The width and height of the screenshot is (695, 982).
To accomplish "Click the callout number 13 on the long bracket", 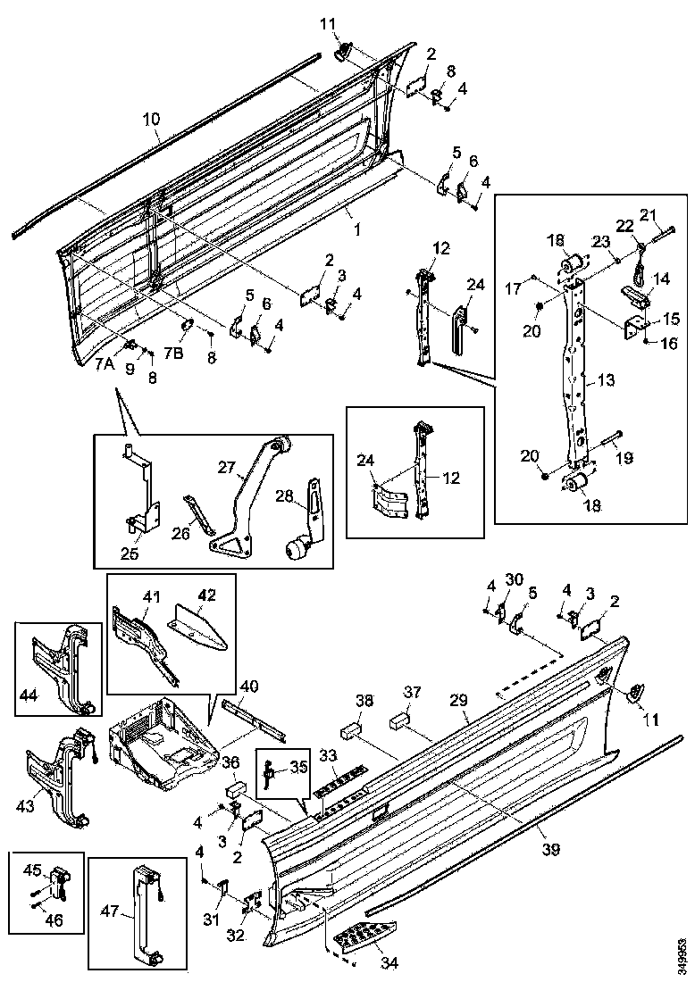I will pos(607,380).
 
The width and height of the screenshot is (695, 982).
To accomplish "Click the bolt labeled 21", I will pos(663,231).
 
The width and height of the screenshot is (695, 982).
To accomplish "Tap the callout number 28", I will pos(284,495).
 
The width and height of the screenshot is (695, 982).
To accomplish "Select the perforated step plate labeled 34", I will pos(362,939).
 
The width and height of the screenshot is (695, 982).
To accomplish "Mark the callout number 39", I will pos(552,848).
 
